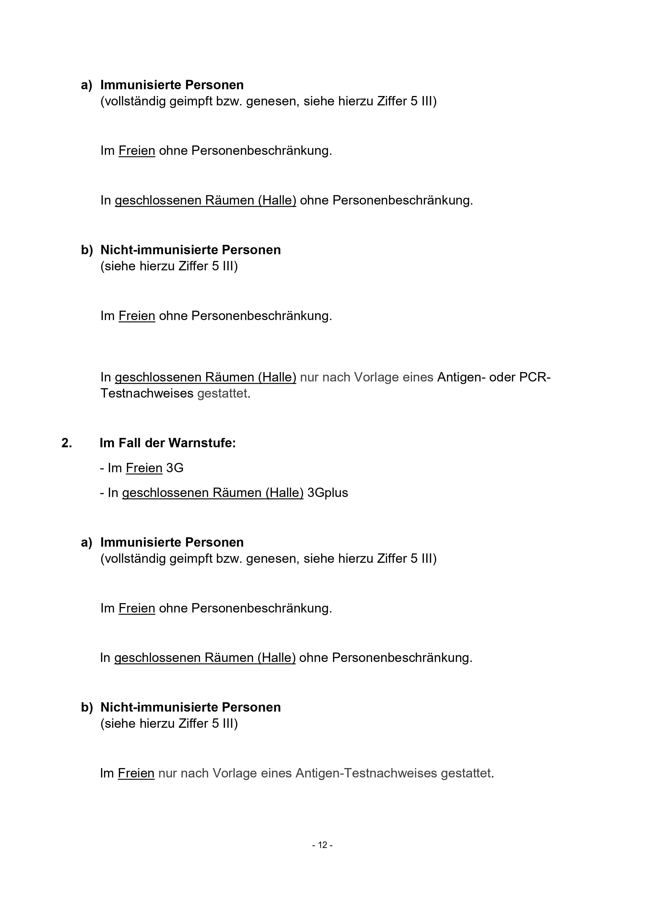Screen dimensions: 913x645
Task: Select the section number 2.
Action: pos(66,443)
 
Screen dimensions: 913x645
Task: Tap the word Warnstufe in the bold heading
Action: pos(202,443)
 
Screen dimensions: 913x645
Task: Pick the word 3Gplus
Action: pos(328,493)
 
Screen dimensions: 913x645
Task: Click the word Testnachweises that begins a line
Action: pos(147,393)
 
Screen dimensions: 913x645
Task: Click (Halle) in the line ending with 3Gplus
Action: pos(284,493)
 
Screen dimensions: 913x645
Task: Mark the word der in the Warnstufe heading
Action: pos(155,443)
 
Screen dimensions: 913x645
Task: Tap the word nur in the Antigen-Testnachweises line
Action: pos(167,773)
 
